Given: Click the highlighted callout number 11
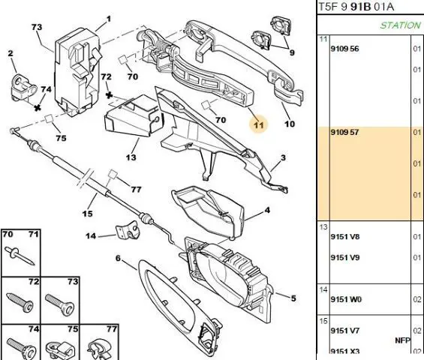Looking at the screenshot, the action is point(258,125).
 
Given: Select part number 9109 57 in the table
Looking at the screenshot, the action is point(344,132).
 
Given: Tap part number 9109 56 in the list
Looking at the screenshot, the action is point(344,49).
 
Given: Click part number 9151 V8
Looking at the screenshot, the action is point(345,237).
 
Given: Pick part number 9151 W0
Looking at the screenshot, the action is point(346,299).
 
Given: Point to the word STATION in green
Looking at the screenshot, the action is point(401,25).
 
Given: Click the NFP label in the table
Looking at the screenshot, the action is point(403,340).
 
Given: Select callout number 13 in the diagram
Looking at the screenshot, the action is point(131,157).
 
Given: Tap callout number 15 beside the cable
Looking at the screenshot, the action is point(87,214).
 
